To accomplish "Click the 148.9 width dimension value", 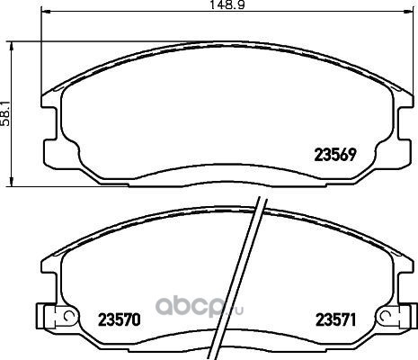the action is tap(227, 5).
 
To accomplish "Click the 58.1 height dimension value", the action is tap(5, 113).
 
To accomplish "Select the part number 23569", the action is tap(335, 155).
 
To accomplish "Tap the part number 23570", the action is tap(120, 319).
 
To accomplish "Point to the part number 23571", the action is tap(336, 319).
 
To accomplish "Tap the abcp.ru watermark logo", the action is tap(200, 307).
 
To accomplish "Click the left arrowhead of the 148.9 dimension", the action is tap(45, 12).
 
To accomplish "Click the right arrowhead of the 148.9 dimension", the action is tap(409, 12).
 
